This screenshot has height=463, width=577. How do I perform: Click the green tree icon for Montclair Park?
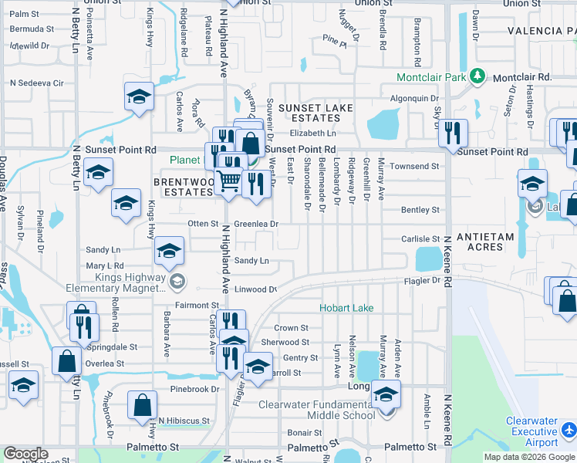click(x=478, y=77)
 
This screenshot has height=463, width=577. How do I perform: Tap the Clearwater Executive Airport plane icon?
click(x=569, y=428)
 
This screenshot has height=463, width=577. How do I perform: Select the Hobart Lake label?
click(x=347, y=308)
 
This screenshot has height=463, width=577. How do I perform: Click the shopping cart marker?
click(x=228, y=181)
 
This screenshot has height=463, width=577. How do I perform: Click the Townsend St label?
click(x=414, y=166)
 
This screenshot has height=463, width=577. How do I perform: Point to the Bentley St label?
click(x=420, y=210)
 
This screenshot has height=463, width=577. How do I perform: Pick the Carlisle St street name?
click(x=420, y=239)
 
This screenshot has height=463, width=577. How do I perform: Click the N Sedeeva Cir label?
click(x=36, y=83)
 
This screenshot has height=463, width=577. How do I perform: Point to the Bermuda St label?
click(x=32, y=29)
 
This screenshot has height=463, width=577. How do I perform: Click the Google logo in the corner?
click(x=25, y=454)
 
